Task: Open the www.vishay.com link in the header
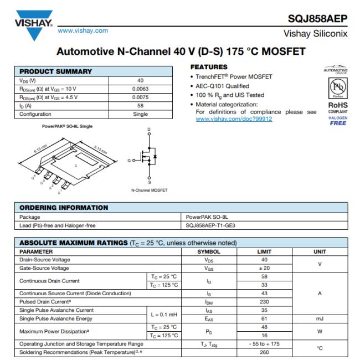click(83, 30)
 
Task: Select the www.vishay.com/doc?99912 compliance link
click(234, 119)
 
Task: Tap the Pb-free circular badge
click(337, 89)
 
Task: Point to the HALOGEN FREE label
click(337, 121)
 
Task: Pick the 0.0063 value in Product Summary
click(140, 89)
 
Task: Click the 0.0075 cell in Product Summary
click(140, 97)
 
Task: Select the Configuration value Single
click(140, 114)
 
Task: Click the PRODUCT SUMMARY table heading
click(56, 71)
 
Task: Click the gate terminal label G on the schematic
click(129, 160)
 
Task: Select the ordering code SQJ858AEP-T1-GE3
click(211, 225)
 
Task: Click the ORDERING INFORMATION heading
click(64, 208)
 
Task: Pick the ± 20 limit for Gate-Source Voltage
click(264, 268)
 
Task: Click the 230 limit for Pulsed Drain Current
click(264, 302)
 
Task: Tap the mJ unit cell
click(320, 318)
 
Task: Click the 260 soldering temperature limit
click(264, 352)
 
